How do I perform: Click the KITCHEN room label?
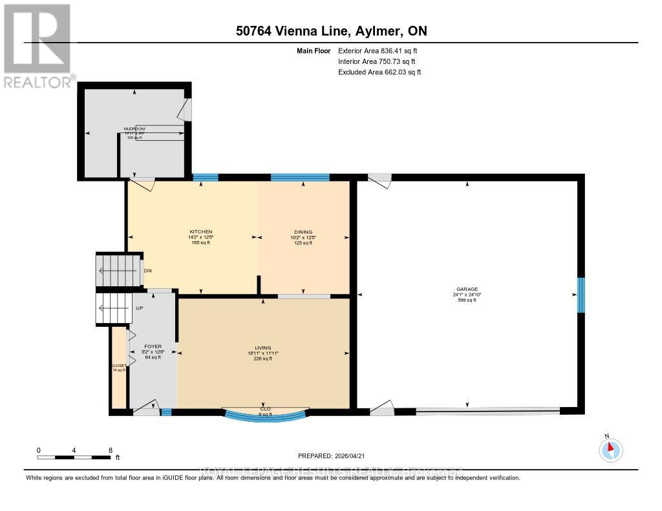point(200,232)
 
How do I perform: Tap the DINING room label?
point(303,232)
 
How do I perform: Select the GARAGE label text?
point(465,289)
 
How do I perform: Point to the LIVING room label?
point(262,348)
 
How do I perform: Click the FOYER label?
point(153,346)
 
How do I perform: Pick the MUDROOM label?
point(134,129)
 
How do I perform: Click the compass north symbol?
point(611,450)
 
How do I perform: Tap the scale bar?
point(74,457)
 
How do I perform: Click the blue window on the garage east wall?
point(581,295)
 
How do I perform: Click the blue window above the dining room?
point(300,178)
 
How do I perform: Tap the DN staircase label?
point(147,271)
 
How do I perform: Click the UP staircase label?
point(139,308)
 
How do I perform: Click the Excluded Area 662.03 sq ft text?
point(379,72)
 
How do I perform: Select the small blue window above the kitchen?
point(205,178)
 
